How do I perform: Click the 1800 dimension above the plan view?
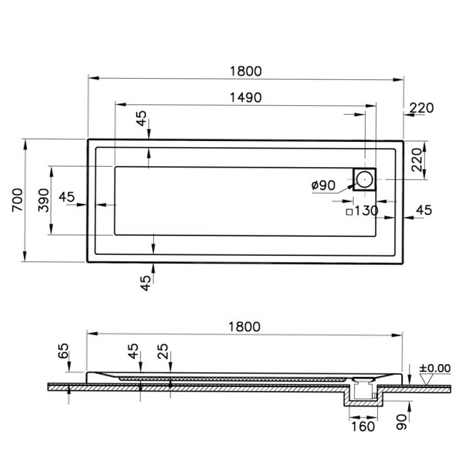[246, 71]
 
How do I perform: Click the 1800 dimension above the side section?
[244, 327]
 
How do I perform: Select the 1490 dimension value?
[246, 98]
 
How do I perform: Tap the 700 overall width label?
[18, 200]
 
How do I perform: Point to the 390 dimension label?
[44, 200]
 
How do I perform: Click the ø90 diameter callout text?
[323, 186]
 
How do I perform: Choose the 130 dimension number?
[366, 211]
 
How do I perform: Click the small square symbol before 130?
[349, 212]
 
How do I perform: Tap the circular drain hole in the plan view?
[364, 179]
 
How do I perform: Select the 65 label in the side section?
[63, 351]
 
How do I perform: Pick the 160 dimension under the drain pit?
[363, 427]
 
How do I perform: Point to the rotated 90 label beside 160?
[402, 422]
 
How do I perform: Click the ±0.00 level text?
[435, 368]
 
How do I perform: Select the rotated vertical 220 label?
[417, 160]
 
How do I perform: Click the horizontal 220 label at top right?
[421, 108]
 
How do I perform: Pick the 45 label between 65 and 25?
[133, 351]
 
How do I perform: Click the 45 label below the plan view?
[146, 283]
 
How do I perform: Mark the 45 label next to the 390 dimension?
[67, 197]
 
